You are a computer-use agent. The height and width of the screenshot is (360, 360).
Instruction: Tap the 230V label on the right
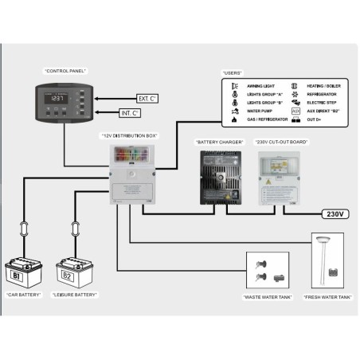pos(332,213)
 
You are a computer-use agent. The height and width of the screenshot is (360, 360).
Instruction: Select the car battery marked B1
pos(25,273)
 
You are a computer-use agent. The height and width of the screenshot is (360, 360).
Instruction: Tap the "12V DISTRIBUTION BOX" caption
pos(129,136)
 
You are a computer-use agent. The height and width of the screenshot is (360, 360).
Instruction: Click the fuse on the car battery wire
pos(25,225)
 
